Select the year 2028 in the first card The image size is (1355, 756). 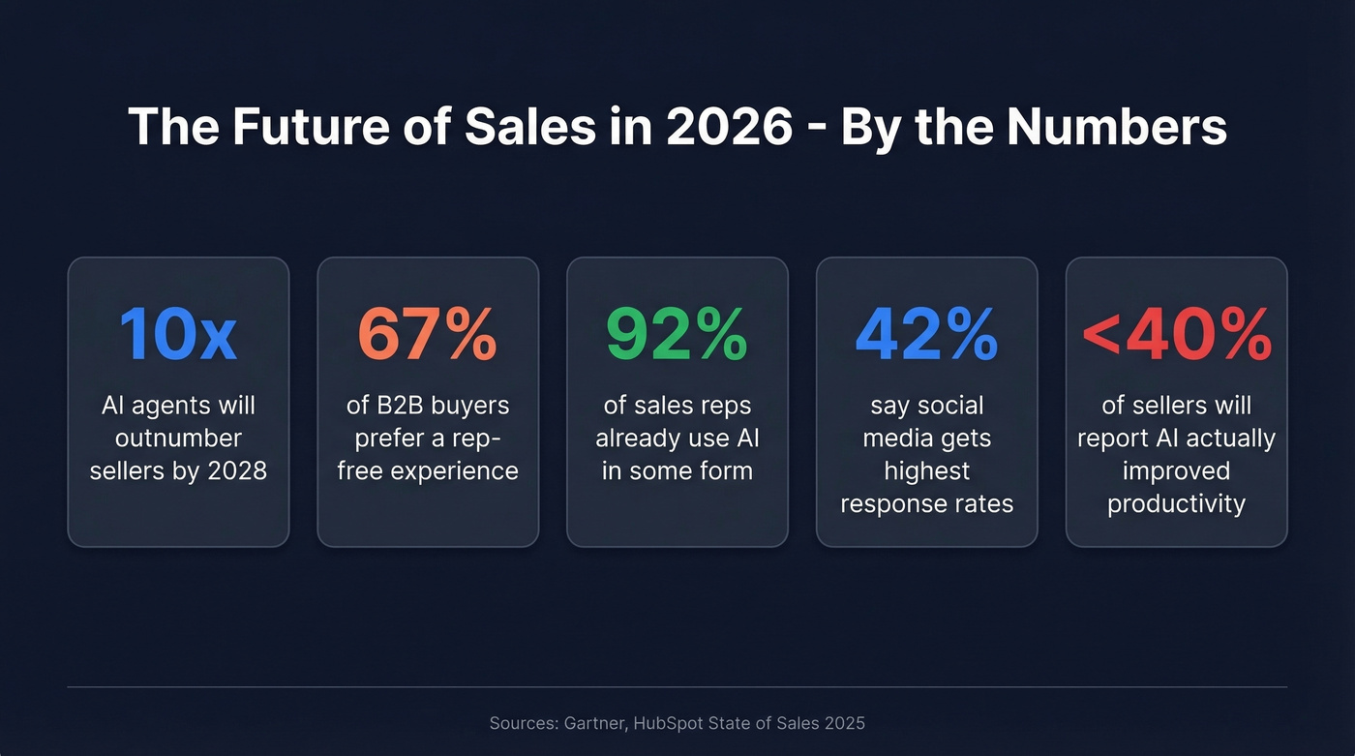coord(235,471)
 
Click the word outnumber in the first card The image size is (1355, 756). coord(178,438)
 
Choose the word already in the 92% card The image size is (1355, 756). coord(637,438)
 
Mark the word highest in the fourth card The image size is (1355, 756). coord(926,471)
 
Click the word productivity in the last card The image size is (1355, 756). coord(1176,504)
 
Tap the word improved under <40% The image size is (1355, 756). coord(1176,471)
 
